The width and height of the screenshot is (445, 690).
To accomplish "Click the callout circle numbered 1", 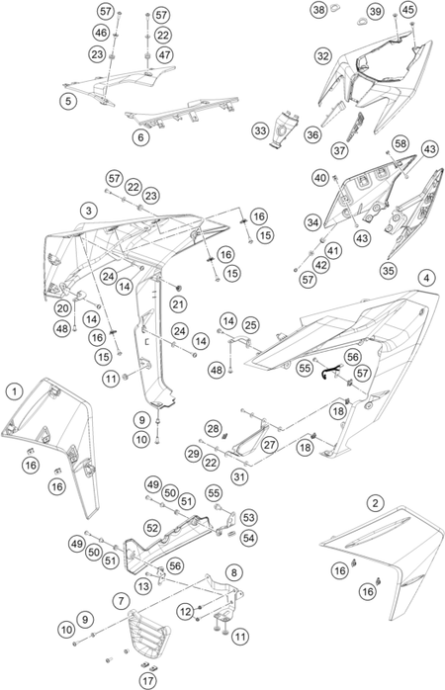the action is [15, 391].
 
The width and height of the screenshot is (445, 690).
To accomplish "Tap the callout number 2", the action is [375, 502].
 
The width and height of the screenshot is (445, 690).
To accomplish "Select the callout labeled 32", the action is [323, 56].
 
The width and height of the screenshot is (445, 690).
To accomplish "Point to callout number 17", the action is [148, 681].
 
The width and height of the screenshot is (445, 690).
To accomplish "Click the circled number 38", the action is [319, 9].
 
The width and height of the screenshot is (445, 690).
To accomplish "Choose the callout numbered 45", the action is [408, 9].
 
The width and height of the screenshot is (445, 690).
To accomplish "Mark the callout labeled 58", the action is [400, 143].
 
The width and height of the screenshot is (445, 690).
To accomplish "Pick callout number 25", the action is [250, 325].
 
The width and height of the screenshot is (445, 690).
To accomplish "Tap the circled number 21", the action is [178, 304].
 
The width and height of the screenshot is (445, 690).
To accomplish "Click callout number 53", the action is [248, 518].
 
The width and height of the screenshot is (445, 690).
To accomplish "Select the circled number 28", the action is [213, 429].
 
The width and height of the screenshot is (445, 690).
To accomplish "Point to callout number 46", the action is [101, 32].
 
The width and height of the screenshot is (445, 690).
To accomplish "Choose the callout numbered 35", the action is [388, 270].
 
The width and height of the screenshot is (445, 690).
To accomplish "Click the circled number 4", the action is [426, 278].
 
